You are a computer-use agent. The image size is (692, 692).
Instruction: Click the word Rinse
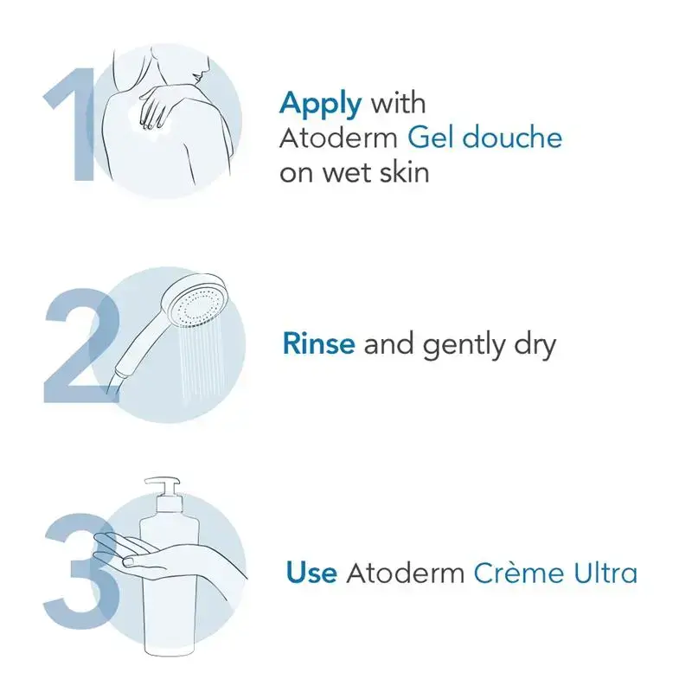[x=318, y=344]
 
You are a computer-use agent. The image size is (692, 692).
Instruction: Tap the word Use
[x=311, y=573]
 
